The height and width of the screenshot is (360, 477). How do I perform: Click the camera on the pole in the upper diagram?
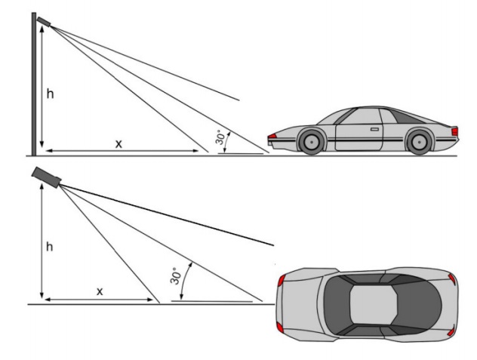[x=44, y=22]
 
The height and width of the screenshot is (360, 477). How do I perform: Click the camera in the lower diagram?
[x=47, y=177]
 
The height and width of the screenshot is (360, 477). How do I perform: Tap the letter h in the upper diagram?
[x=51, y=94]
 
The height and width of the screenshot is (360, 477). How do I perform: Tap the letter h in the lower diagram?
[x=49, y=246]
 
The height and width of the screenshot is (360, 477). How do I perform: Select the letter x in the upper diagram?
[x=118, y=144]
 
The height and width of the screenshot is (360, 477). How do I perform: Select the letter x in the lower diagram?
[x=100, y=292]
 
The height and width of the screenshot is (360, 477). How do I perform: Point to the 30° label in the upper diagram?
[x=221, y=137]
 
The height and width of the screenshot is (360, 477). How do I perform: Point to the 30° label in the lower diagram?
[x=175, y=276]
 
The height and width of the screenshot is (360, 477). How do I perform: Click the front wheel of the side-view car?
[x=311, y=141]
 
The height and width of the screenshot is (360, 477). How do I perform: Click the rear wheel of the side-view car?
[x=419, y=142]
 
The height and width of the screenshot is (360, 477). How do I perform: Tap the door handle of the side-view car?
[x=375, y=129]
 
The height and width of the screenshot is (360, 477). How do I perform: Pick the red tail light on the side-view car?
[x=455, y=131]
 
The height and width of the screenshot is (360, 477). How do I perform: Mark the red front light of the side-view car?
[x=272, y=136]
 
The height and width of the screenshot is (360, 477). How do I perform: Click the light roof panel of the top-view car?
[x=374, y=305]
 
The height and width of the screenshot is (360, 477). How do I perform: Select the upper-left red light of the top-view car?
[x=282, y=280]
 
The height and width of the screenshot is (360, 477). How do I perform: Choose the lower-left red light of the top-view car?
[x=280, y=328]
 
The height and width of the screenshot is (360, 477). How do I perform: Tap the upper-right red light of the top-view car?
[x=452, y=278]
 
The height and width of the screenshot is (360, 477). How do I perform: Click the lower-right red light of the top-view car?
[x=451, y=331]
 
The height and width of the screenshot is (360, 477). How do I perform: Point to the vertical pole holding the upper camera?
[x=34, y=84]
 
